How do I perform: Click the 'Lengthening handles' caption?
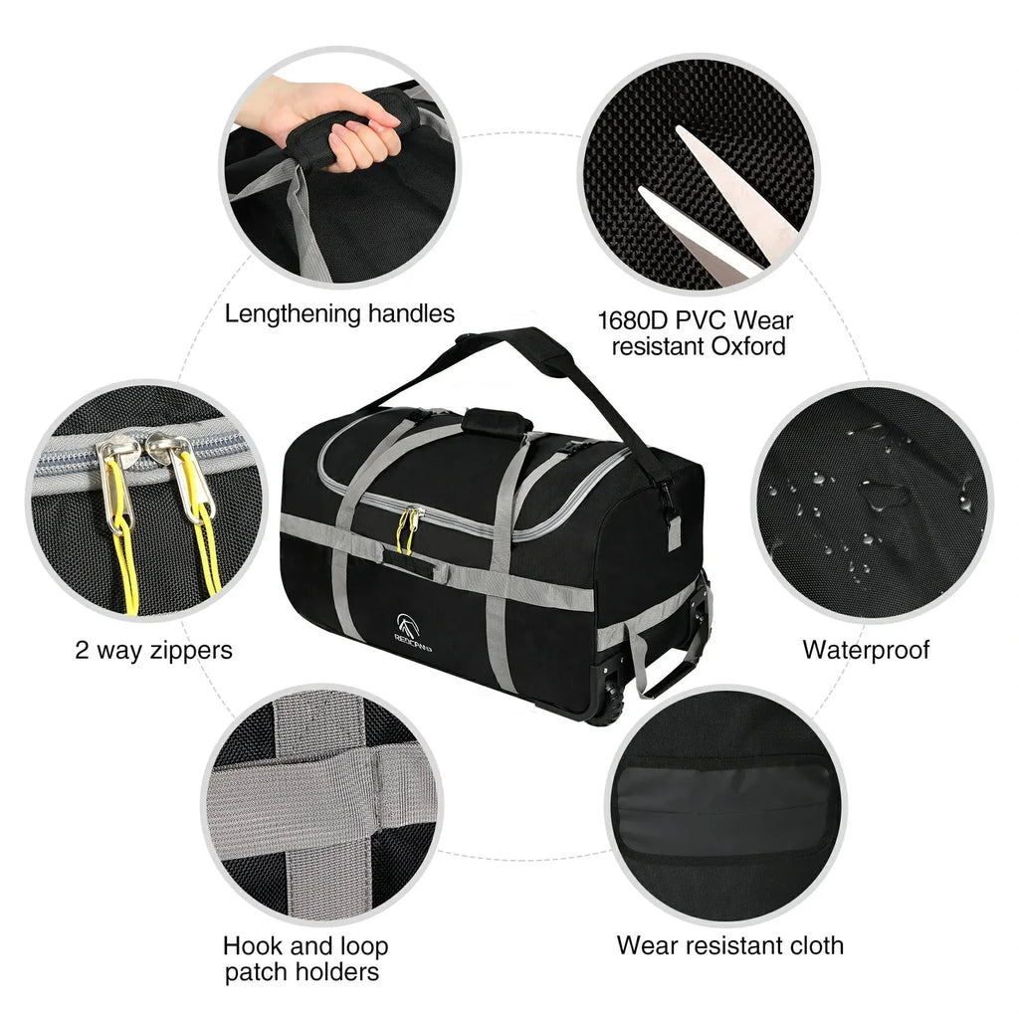(339, 314)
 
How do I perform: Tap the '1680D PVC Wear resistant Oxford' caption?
(695, 333)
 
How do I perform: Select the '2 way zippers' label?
(153, 651)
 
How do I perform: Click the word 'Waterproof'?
(866, 651)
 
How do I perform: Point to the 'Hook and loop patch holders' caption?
(305, 958)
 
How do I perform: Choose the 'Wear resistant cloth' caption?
(729, 944)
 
